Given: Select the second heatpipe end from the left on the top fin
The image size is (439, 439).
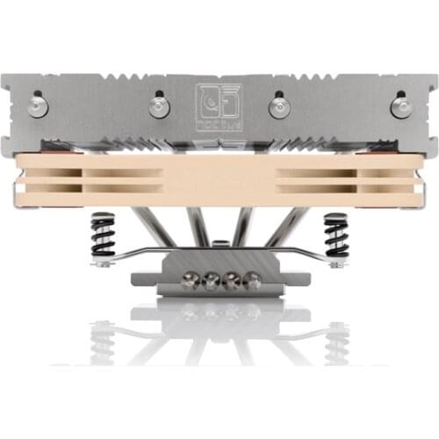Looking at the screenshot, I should click(159, 106).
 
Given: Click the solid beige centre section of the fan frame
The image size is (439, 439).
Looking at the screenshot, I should click(219, 179).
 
